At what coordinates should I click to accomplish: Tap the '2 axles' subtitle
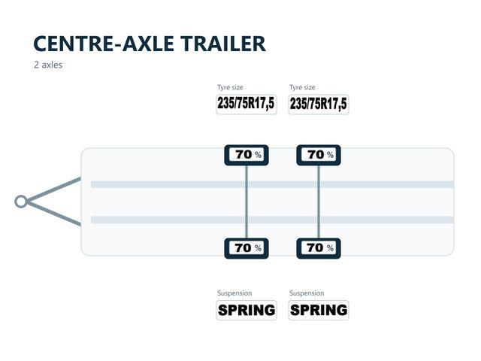click(48, 65)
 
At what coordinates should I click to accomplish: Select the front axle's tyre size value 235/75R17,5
click(247, 104)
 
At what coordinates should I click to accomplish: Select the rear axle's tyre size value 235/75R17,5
click(319, 104)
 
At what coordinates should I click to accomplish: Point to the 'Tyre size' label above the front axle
click(231, 87)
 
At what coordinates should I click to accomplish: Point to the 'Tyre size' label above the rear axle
click(302, 87)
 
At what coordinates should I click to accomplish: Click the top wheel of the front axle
click(247, 156)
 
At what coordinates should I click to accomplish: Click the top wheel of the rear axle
click(319, 156)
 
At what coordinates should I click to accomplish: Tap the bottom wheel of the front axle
click(247, 248)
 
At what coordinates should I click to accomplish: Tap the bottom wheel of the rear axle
click(319, 248)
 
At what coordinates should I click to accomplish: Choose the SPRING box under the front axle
click(247, 310)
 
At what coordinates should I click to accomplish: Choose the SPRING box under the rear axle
click(319, 310)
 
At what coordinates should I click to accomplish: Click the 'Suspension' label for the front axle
click(234, 293)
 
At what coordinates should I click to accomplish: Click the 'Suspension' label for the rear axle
click(307, 293)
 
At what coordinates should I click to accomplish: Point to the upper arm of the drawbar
click(54, 190)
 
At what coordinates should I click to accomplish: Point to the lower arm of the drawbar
click(54, 214)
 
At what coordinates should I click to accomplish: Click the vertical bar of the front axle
click(247, 202)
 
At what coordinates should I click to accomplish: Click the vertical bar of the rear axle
click(319, 202)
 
